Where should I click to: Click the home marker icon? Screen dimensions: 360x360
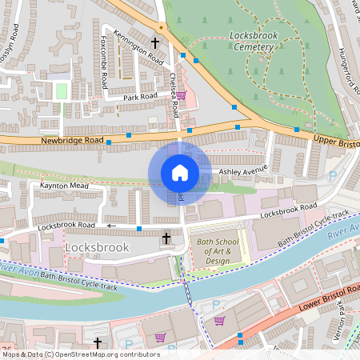[180, 173]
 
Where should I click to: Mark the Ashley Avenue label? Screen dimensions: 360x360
[243, 171]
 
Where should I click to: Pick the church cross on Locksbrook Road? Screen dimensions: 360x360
[166, 238]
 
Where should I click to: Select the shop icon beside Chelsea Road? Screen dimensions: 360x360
[181, 95]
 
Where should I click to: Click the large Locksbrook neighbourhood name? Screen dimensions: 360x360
[97, 248]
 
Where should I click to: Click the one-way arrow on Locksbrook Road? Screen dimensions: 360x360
[111, 226]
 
